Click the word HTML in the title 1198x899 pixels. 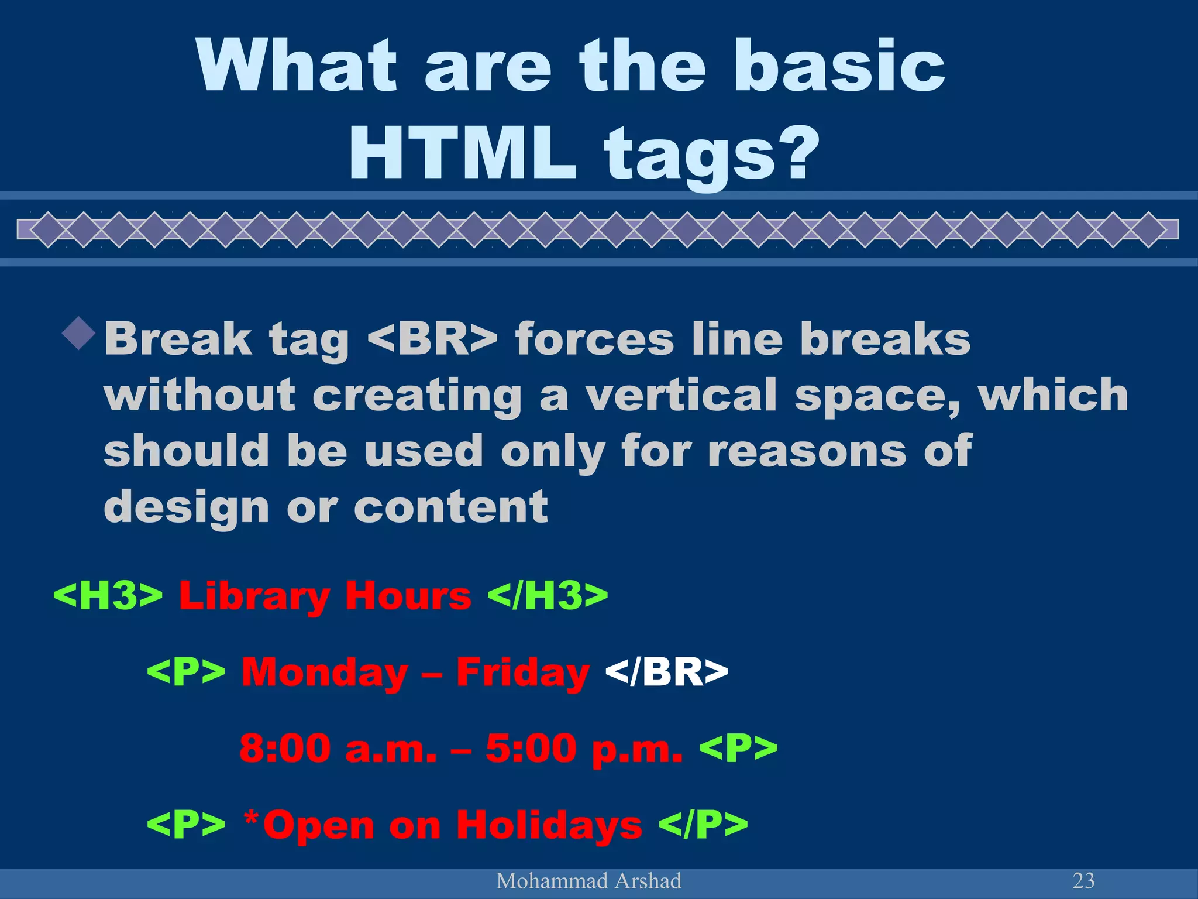[x=462, y=153]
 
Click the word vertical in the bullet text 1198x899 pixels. [x=681, y=395]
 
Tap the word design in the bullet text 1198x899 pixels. [x=186, y=507]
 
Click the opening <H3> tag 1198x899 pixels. [x=108, y=596]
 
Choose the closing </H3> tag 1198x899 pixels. [x=548, y=596]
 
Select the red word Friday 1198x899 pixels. [x=522, y=673]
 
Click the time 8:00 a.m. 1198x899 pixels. [x=338, y=749]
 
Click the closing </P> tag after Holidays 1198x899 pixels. [x=703, y=825]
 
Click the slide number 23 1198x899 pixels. [x=1083, y=881]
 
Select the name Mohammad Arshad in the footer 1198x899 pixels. [x=588, y=881]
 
